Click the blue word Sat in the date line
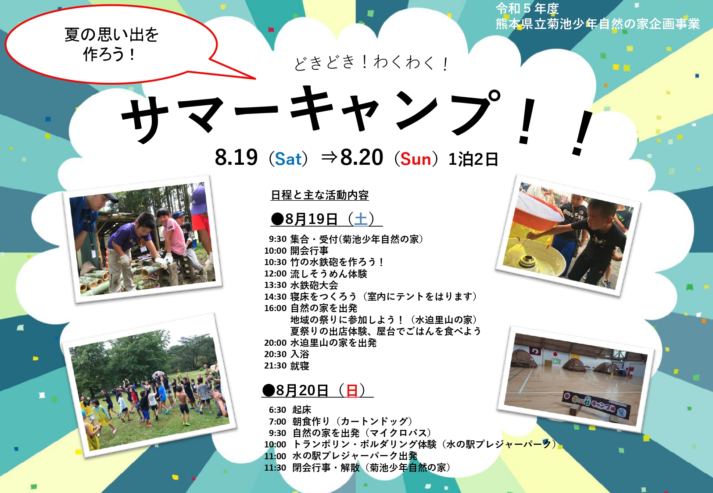pos(288,159)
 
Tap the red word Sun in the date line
pos(416,159)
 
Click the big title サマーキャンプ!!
pos(356,119)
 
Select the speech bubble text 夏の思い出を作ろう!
pos(111,44)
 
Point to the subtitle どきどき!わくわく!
pos(371,63)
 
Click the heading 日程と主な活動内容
pos(319,195)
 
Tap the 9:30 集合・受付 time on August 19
pos(278,239)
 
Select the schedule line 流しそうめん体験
pos(329,274)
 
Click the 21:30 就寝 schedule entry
pos(287,365)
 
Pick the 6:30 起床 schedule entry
pos(290,409)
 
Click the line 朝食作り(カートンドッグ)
pos(352,421)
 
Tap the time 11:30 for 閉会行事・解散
pos(275,468)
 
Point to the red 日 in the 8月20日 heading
pos(352,390)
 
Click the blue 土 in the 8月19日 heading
pos(361,219)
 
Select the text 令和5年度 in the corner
pos(527,9)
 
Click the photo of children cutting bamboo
pos(143,239)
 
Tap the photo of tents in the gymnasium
pos(576,379)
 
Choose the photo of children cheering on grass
pos(149,385)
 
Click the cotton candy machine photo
pos(568,235)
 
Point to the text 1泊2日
pos(473,159)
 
